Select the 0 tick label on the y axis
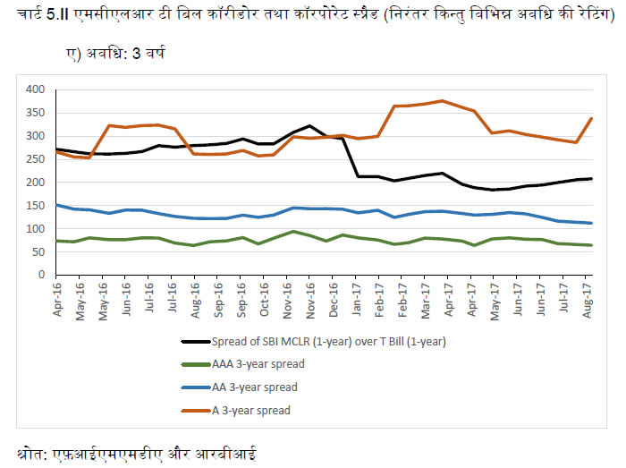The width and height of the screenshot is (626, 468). point(40,275)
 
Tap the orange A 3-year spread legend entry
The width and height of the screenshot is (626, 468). point(248,410)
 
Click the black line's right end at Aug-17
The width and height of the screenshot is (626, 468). point(591,179)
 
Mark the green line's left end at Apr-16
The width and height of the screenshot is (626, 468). point(56,241)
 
